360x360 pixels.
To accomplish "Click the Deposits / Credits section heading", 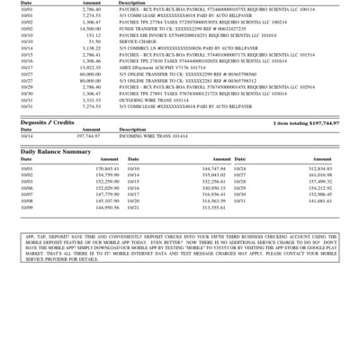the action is point(48,122).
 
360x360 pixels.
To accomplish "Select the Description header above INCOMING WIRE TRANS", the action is point(131,129).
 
